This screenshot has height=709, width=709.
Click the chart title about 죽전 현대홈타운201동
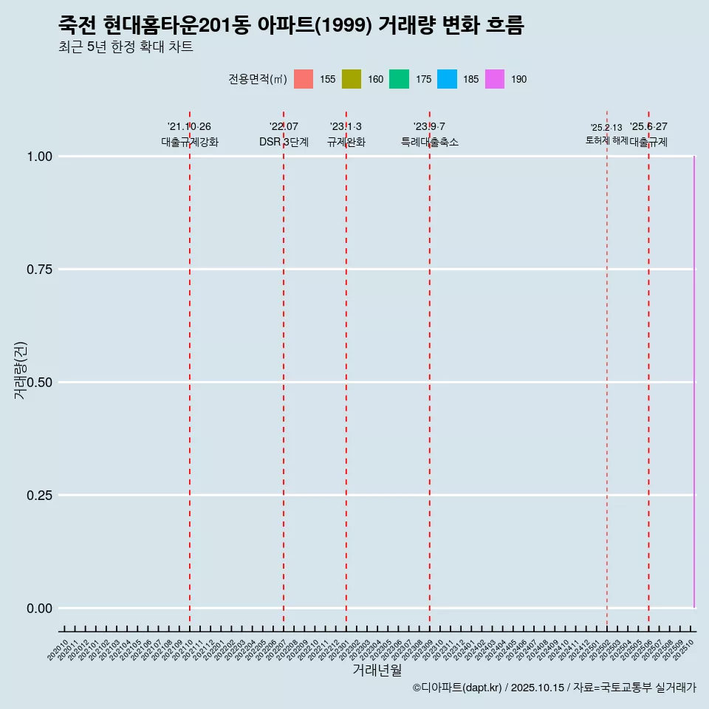[x=291, y=26]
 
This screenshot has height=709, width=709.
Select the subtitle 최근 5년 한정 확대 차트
[x=126, y=47]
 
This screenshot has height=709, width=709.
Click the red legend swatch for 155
[x=304, y=79]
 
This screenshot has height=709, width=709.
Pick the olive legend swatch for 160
[x=352, y=79]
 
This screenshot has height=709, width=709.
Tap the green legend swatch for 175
[x=399, y=79]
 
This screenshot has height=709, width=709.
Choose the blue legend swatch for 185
[x=447, y=79]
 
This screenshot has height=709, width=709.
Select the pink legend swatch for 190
[x=495, y=79]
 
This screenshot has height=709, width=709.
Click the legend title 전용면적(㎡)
[x=257, y=79]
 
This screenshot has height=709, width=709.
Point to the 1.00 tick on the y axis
[x=39, y=157]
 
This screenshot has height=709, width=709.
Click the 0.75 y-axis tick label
[x=39, y=270]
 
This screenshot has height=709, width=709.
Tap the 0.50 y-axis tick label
[x=39, y=383]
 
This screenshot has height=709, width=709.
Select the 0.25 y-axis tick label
[x=39, y=496]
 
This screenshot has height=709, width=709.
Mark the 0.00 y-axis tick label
[x=39, y=609]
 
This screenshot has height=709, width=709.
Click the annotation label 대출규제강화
[x=190, y=142]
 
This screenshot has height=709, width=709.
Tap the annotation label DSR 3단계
[x=284, y=142]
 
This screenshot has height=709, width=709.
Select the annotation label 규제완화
[x=346, y=142]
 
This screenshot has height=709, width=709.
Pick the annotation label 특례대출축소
[x=430, y=142]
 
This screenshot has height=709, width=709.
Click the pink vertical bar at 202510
[x=693, y=383]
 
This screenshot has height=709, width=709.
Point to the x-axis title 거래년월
[x=377, y=670]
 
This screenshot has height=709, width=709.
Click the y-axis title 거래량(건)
[x=20, y=370]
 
